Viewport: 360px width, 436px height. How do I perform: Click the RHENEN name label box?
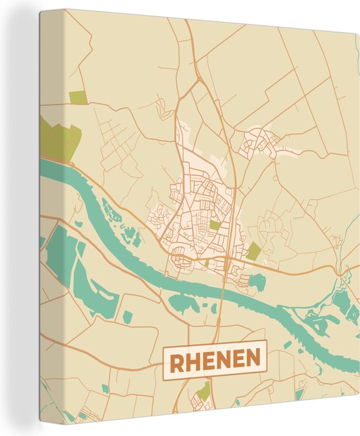pos(215,358)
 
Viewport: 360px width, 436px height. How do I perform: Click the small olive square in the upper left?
pos(78,98)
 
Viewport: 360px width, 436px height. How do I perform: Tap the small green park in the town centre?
pos(215,225)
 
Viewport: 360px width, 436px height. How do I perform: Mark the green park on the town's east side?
pos(253,251)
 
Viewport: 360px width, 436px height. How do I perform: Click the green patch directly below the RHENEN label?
pos(204,391)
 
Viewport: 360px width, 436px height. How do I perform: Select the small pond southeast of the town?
pos(257,282)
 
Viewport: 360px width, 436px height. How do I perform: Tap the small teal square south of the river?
pos(128,317)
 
